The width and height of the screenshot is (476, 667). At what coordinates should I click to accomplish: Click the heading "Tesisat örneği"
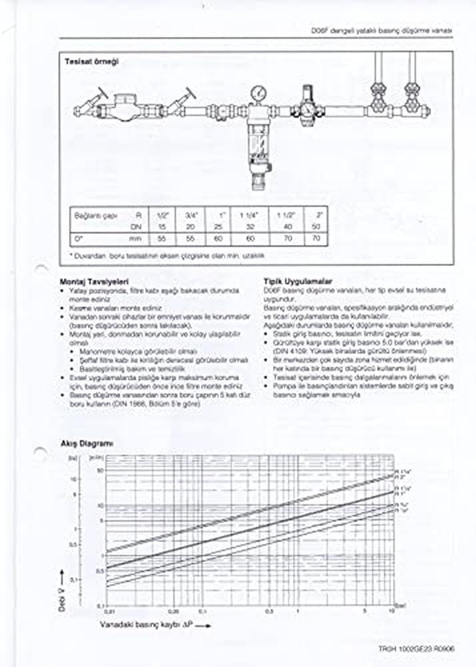pos(91,61)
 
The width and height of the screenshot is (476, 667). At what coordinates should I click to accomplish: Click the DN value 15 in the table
pos(161,226)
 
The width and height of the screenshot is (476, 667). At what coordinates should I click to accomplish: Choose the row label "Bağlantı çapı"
pos(91,215)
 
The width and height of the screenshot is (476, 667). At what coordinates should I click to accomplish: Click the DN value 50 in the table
pos(315,226)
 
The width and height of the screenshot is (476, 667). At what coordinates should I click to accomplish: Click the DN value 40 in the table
pos(287,226)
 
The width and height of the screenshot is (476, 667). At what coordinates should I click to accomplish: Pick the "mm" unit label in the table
pos(136,237)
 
